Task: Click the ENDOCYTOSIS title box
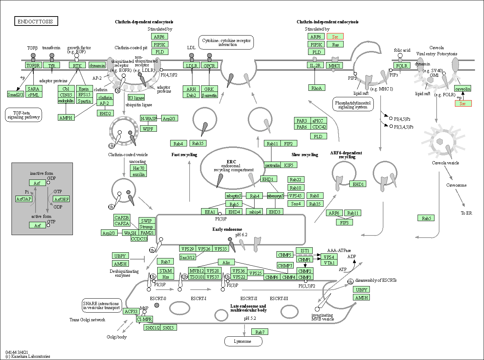click(x=36, y=21)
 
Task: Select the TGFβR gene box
click(x=33, y=65)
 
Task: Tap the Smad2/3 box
click(x=15, y=94)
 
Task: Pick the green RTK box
click(x=77, y=65)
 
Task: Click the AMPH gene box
click(x=66, y=118)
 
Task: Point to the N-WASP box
click(x=149, y=118)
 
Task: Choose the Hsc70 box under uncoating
click(x=139, y=168)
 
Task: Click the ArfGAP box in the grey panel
click(x=24, y=199)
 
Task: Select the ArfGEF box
click(x=61, y=199)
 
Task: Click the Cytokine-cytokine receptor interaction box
click(x=226, y=42)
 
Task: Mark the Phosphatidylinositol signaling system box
click(x=353, y=104)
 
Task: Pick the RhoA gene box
click(x=317, y=88)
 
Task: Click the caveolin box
click(x=462, y=89)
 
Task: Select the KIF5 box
click(x=289, y=165)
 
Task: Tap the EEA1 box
click(x=210, y=212)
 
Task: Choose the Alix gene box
click(x=226, y=262)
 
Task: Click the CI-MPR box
click(x=145, y=319)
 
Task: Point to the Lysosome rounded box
click(x=243, y=341)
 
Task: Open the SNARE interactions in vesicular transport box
click(x=101, y=305)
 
